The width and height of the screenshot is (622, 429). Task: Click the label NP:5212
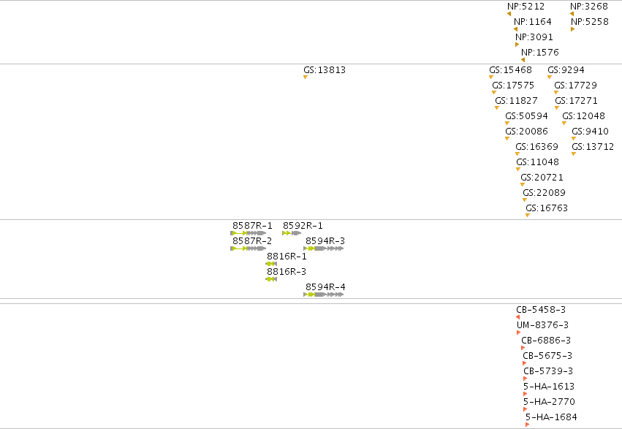tap(526, 7)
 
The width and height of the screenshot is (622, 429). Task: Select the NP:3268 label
tap(588, 7)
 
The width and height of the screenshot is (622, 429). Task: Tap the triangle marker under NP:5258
tap(572, 29)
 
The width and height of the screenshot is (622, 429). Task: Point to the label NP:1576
tap(540, 53)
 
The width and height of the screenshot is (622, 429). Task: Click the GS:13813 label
tap(325, 69)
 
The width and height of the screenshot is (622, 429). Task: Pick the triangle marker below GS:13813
tap(306, 77)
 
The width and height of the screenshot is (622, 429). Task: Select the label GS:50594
tap(526, 115)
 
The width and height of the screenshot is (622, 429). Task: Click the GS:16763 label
tap(547, 208)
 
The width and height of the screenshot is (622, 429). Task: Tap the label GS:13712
tap(593, 147)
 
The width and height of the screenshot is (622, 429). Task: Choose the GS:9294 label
tap(566, 69)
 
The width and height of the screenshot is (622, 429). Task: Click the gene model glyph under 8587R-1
tap(248, 233)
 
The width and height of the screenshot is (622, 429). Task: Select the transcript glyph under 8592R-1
tap(292, 233)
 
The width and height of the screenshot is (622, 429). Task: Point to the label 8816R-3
tap(287, 272)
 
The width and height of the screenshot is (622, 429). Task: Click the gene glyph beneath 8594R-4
tap(323, 295)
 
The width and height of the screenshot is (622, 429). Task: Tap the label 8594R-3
tap(325, 240)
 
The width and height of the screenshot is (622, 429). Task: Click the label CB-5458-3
tap(541, 310)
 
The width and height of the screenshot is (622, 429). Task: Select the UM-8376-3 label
tap(542, 325)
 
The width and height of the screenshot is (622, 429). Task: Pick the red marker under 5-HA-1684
tap(527, 425)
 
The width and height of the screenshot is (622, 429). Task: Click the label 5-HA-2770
tap(549, 402)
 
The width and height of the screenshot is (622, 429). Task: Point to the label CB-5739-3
tap(548, 371)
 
